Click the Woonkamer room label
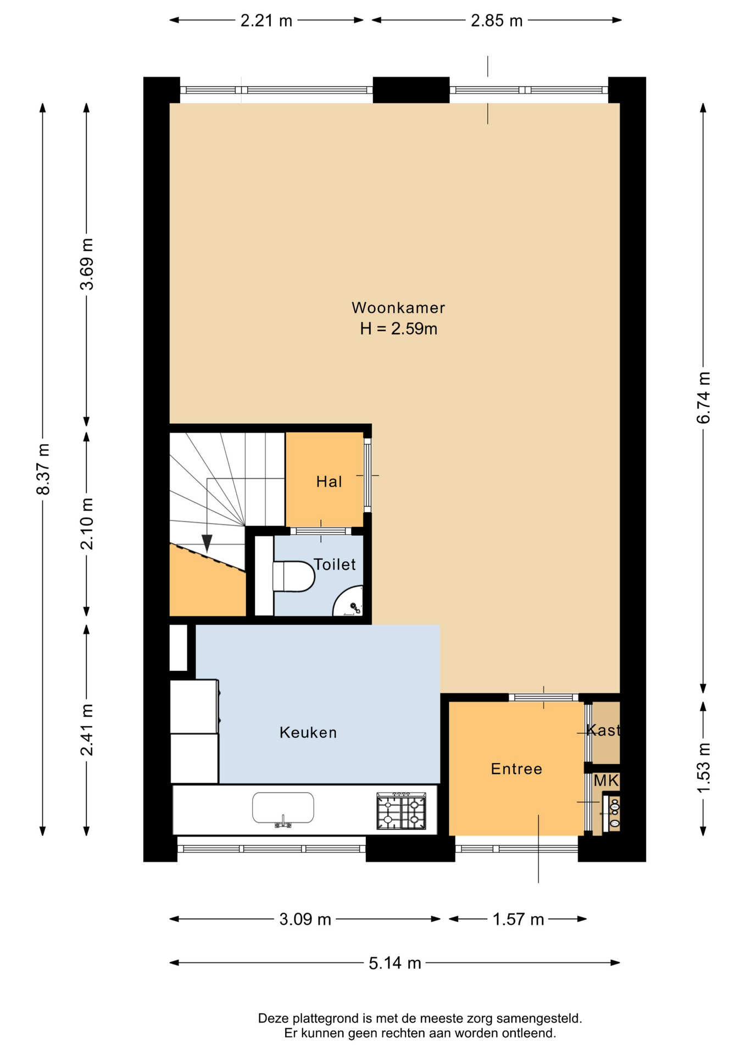tap(398, 308)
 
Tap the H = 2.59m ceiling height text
tap(398, 329)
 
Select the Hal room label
tap(329, 482)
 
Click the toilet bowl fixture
tap(293, 576)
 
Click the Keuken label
tap(308, 732)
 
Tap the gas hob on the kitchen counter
tap(402, 811)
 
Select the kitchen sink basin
tap(283, 808)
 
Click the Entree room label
tap(516, 769)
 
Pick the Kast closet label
tap(603, 730)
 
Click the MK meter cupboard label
tap(606, 781)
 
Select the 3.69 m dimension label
tap(87, 264)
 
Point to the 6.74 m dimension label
tap(704, 397)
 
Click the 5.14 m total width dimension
tap(395, 963)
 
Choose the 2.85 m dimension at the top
tap(497, 20)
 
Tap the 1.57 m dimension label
tap(518, 919)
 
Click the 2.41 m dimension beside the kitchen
tap(87, 730)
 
